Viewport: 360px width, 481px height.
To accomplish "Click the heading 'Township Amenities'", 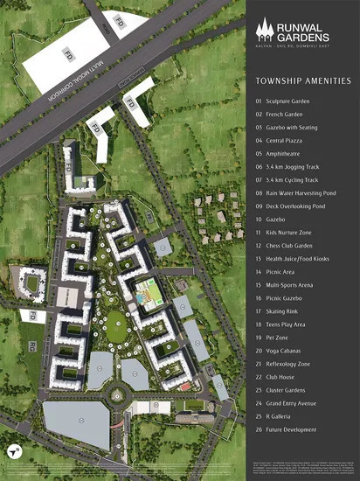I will pyautogui.click(x=302, y=80).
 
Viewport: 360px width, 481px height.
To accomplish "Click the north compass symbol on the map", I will pyautogui.click(x=15, y=451).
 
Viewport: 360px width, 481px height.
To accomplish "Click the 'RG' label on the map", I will pyautogui.click(x=33, y=347).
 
